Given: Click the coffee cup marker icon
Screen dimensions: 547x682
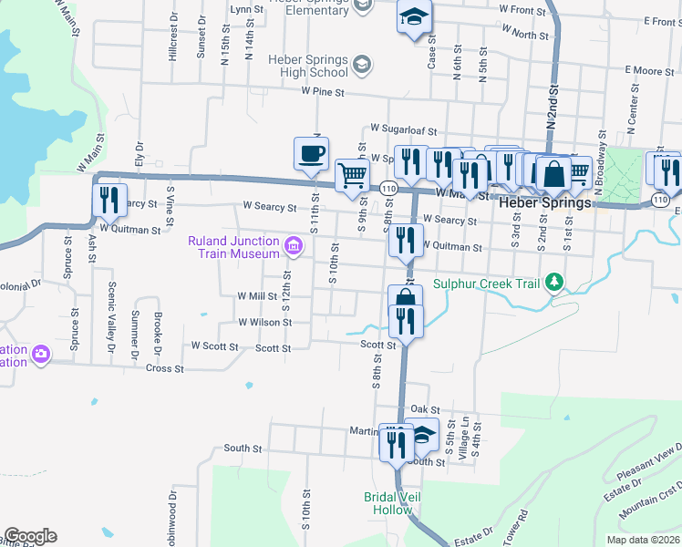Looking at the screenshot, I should [x=311, y=152].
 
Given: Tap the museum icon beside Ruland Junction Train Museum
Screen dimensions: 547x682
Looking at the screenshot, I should [x=294, y=244].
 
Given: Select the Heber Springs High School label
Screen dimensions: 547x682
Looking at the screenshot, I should [x=308, y=66].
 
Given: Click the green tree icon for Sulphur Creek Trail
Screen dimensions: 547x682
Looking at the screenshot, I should [x=553, y=283].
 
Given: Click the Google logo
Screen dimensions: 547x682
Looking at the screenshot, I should [x=29, y=536].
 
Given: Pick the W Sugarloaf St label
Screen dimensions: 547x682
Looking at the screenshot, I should [x=404, y=130].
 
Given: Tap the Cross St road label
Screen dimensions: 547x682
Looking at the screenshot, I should [x=165, y=368].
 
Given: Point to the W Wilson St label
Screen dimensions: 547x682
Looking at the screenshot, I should [x=264, y=322].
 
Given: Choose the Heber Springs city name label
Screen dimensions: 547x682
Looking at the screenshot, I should [x=545, y=203].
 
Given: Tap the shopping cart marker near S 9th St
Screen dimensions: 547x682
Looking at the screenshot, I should [x=352, y=174].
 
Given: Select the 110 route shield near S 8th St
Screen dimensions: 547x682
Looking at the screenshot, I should [x=389, y=188].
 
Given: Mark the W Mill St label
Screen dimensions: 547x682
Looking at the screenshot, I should [x=257, y=296].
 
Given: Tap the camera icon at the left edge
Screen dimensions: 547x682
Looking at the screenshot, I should [x=41, y=354].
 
